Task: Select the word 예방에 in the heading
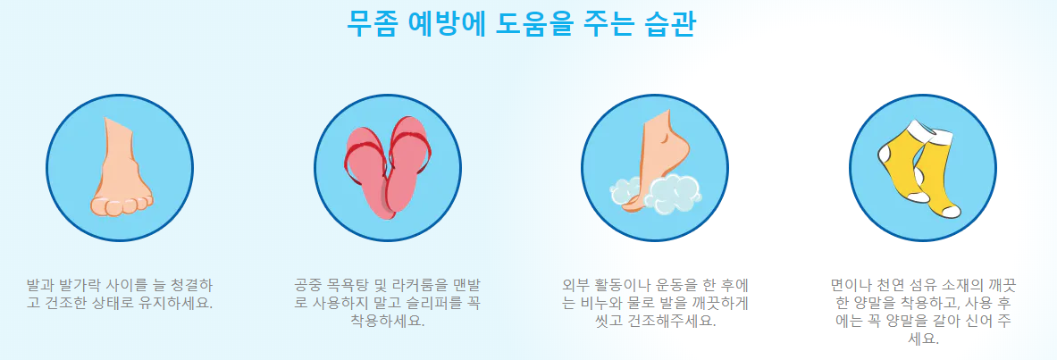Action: click(446, 23)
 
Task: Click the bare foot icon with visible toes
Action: click(120, 167)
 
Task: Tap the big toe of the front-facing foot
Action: click(100, 206)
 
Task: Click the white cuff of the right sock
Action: click(937, 135)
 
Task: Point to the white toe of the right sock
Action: click(951, 213)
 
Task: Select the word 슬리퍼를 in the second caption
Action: click(438, 302)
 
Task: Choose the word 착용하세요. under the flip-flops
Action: click(388, 320)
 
